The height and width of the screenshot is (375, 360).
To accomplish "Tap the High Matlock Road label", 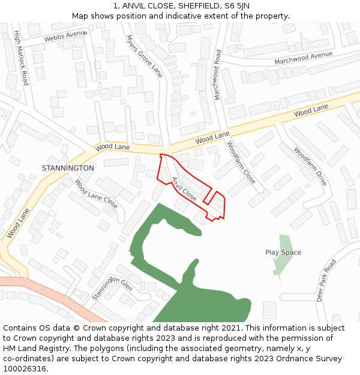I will (21, 58).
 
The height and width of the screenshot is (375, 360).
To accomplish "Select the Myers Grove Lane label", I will (144, 56).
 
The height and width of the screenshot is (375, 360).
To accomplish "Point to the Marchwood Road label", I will (217, 74).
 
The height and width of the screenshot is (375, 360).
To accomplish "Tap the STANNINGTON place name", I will (68, 168).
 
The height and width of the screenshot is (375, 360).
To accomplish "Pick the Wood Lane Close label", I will (96, 194).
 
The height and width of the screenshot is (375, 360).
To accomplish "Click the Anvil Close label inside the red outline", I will (184, 188).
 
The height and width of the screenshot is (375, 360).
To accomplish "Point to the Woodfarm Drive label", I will (310, 166).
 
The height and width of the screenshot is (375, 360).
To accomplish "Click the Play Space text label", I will (283, 253).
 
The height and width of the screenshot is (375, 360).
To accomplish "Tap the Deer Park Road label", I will (327, 281).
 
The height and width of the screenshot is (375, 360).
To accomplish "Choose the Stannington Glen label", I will (112, 289).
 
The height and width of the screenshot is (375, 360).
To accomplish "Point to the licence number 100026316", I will (25, 369).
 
